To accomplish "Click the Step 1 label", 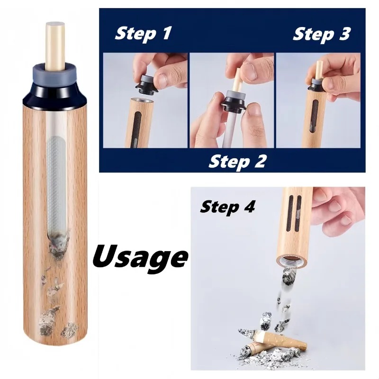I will [x=143, y=34].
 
